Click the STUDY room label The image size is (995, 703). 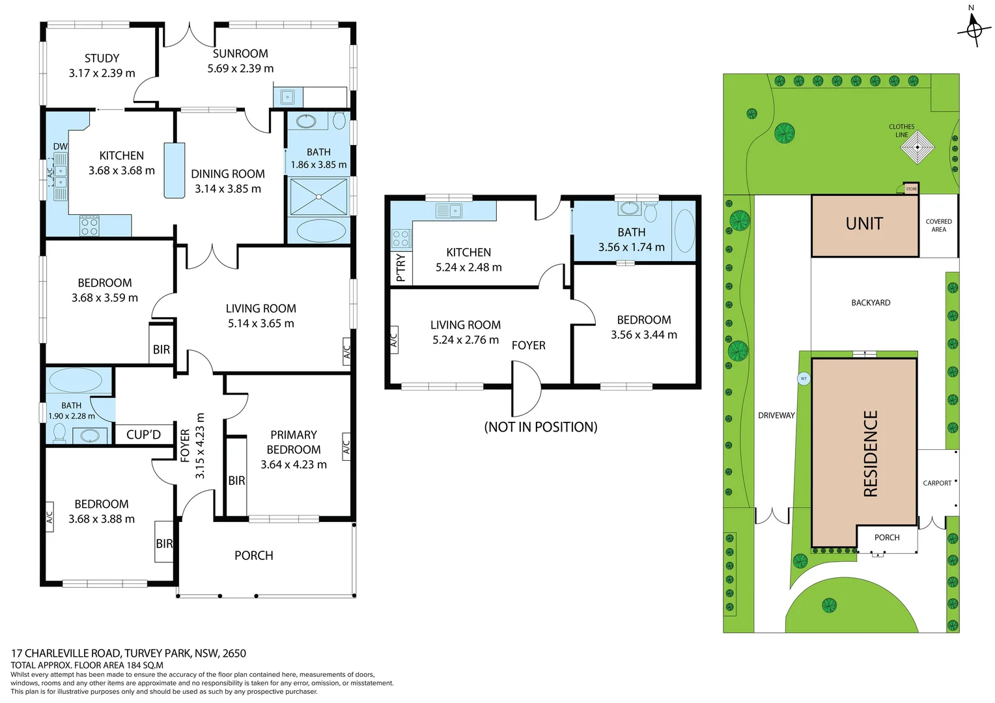(x=102, y=59)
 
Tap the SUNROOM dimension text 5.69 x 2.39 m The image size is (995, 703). (x=240, y=68)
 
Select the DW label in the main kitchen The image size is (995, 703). (x=60, y=146)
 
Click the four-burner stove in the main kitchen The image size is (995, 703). (x=89, y=225)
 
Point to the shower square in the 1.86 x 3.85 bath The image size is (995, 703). (x=318, y=197)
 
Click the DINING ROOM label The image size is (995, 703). (x=228, y=174)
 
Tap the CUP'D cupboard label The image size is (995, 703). (x=143, y=434)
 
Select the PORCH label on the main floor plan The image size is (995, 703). (x=253, y=555)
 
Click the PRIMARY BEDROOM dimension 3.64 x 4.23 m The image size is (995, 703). (x=294, y=464)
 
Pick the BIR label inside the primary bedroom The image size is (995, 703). (x=236, y=480)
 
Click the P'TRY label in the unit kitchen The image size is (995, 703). (x=400, y=268)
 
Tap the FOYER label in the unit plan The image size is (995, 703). (x=528, y=346)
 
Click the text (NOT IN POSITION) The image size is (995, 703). (x=540, y=427)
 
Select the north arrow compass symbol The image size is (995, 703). (x=974, y=29)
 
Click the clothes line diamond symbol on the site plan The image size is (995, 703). (x=917, y=147)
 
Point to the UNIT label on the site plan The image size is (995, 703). (x=864, y=224)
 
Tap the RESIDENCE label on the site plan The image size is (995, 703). (x=871, y=453)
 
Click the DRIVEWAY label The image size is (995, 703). (x=776, y=415)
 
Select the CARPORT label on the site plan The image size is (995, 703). (x=936, y=483)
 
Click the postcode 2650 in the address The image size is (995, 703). (x=234, y=653)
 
